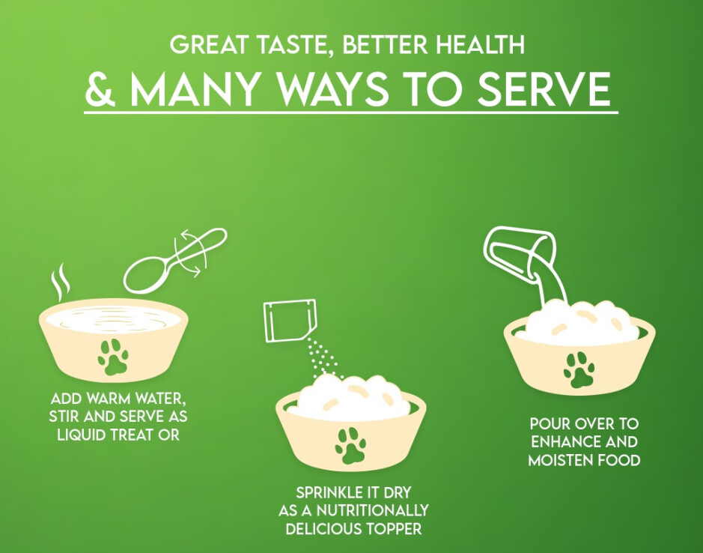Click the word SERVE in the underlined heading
(x=544, y=88)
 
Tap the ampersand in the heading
(x=100, y=88)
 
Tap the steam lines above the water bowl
(x=60, y=282)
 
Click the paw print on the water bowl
(x=113, y=357)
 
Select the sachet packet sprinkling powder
(x=290, y=321)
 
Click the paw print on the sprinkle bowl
(x=350, y=446)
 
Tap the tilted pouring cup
(x=520, y=250)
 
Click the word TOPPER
(x=393, y=529)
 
